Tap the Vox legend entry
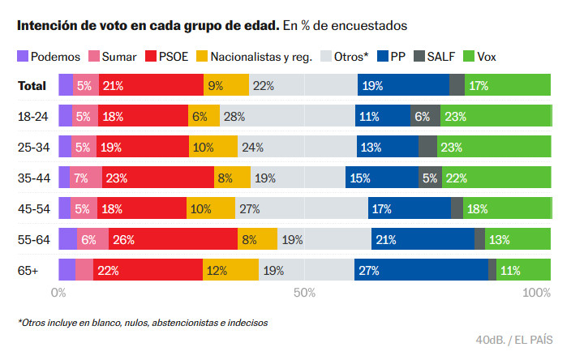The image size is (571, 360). (485, 56)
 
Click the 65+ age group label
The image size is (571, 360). (28, 270)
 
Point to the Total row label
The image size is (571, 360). (32, 85)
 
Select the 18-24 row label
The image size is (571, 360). (32, 116)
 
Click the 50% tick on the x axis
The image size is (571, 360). (304, 292)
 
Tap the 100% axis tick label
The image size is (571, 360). (536, 292)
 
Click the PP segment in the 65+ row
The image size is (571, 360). (421, 270)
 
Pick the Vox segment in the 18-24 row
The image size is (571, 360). (495, 116)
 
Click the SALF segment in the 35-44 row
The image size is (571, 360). (430, 178)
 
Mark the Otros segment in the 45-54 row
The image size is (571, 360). (301, 208)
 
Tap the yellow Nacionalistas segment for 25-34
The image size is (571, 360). (213, 147)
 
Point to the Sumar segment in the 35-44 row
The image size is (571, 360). (86, 178)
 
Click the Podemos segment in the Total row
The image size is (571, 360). (65, 85)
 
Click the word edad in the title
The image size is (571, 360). (261, 25)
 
